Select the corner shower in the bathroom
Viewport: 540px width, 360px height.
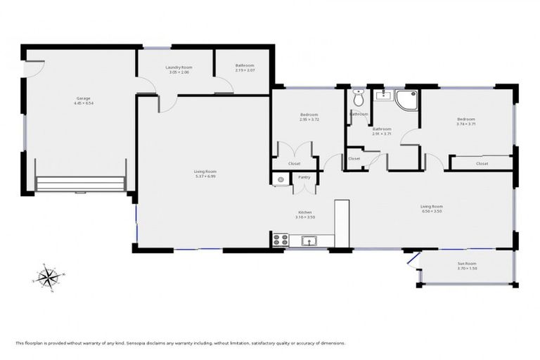406,100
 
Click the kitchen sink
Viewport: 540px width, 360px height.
308,241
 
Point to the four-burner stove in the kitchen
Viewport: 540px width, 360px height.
280,240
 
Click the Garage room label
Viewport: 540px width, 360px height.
84,98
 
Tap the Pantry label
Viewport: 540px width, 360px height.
304,177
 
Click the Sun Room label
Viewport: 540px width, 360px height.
467,264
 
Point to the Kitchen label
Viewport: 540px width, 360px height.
304,212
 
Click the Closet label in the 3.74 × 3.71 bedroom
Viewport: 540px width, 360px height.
482,164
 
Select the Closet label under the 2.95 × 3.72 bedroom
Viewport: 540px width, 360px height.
294,164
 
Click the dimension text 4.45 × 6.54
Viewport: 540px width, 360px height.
84,103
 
